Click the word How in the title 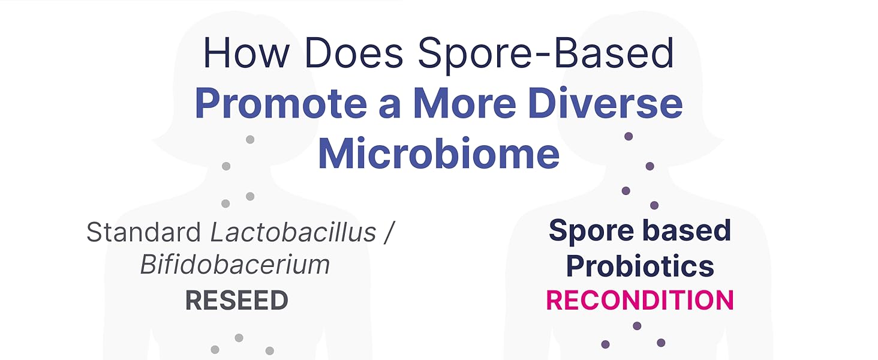246,53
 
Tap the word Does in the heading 354,53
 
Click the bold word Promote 281,103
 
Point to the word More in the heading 464,103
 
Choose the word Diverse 605,103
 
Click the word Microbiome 439,153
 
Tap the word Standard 143,232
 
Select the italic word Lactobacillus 293,232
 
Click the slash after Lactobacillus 389,233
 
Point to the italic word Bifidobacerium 234,265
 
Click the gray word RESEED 237,301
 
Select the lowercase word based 687,230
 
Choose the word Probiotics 640,266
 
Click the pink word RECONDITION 640,301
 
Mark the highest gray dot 250,139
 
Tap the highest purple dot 629,136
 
